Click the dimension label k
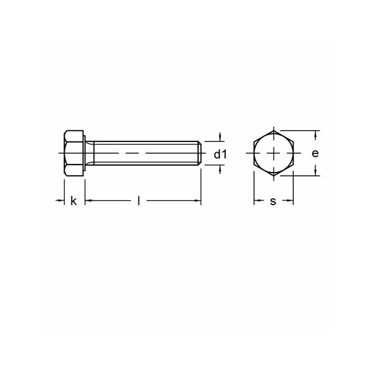[74, 201]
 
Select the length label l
[138, 201]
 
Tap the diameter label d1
[221, 155]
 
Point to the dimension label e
[315, 153]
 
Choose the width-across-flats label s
[273, 201]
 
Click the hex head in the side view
[74, 153]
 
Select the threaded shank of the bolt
[146, 153]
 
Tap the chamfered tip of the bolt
[200, 153]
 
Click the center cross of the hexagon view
[274, 153]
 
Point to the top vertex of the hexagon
[274, 130]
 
